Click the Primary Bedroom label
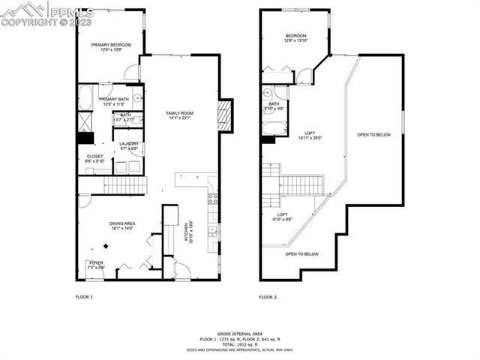tap(112, 47)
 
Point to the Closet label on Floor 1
tap(95, 159)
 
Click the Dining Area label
tap(122, 226)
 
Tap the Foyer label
tap(96, 264)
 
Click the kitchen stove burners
tap(213, 199)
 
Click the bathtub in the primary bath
tap(85, 97)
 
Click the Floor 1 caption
tap(84, 298)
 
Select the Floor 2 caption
tap(268, 298)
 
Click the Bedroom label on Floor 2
tap(295, 38)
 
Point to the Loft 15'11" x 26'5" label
tap(309, 135)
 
